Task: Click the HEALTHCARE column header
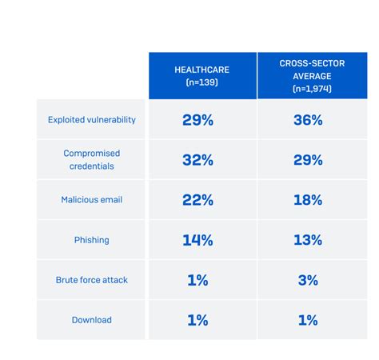click(201, 75)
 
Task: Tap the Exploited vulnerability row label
click(91, 120)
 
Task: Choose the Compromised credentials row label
click(91, 160)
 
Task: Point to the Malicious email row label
click(91, 200)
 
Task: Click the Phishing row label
click(91, 240)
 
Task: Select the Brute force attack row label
click(91, 280)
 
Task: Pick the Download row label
click(91, 320)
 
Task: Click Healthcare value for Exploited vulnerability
click(197, 120)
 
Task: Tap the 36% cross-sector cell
click(307, 120)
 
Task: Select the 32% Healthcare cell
click(197, 160)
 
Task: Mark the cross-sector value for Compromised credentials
click(307, 160)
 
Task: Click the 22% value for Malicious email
click(197, 200)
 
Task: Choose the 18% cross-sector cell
click(307, 200)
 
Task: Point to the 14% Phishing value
click(197, 240)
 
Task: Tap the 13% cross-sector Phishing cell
click(307, 240)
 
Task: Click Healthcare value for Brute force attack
click(197, 280)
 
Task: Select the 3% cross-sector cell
click(307, 280)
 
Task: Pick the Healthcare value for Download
click(197, 320)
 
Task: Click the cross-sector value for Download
click(307, 320)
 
